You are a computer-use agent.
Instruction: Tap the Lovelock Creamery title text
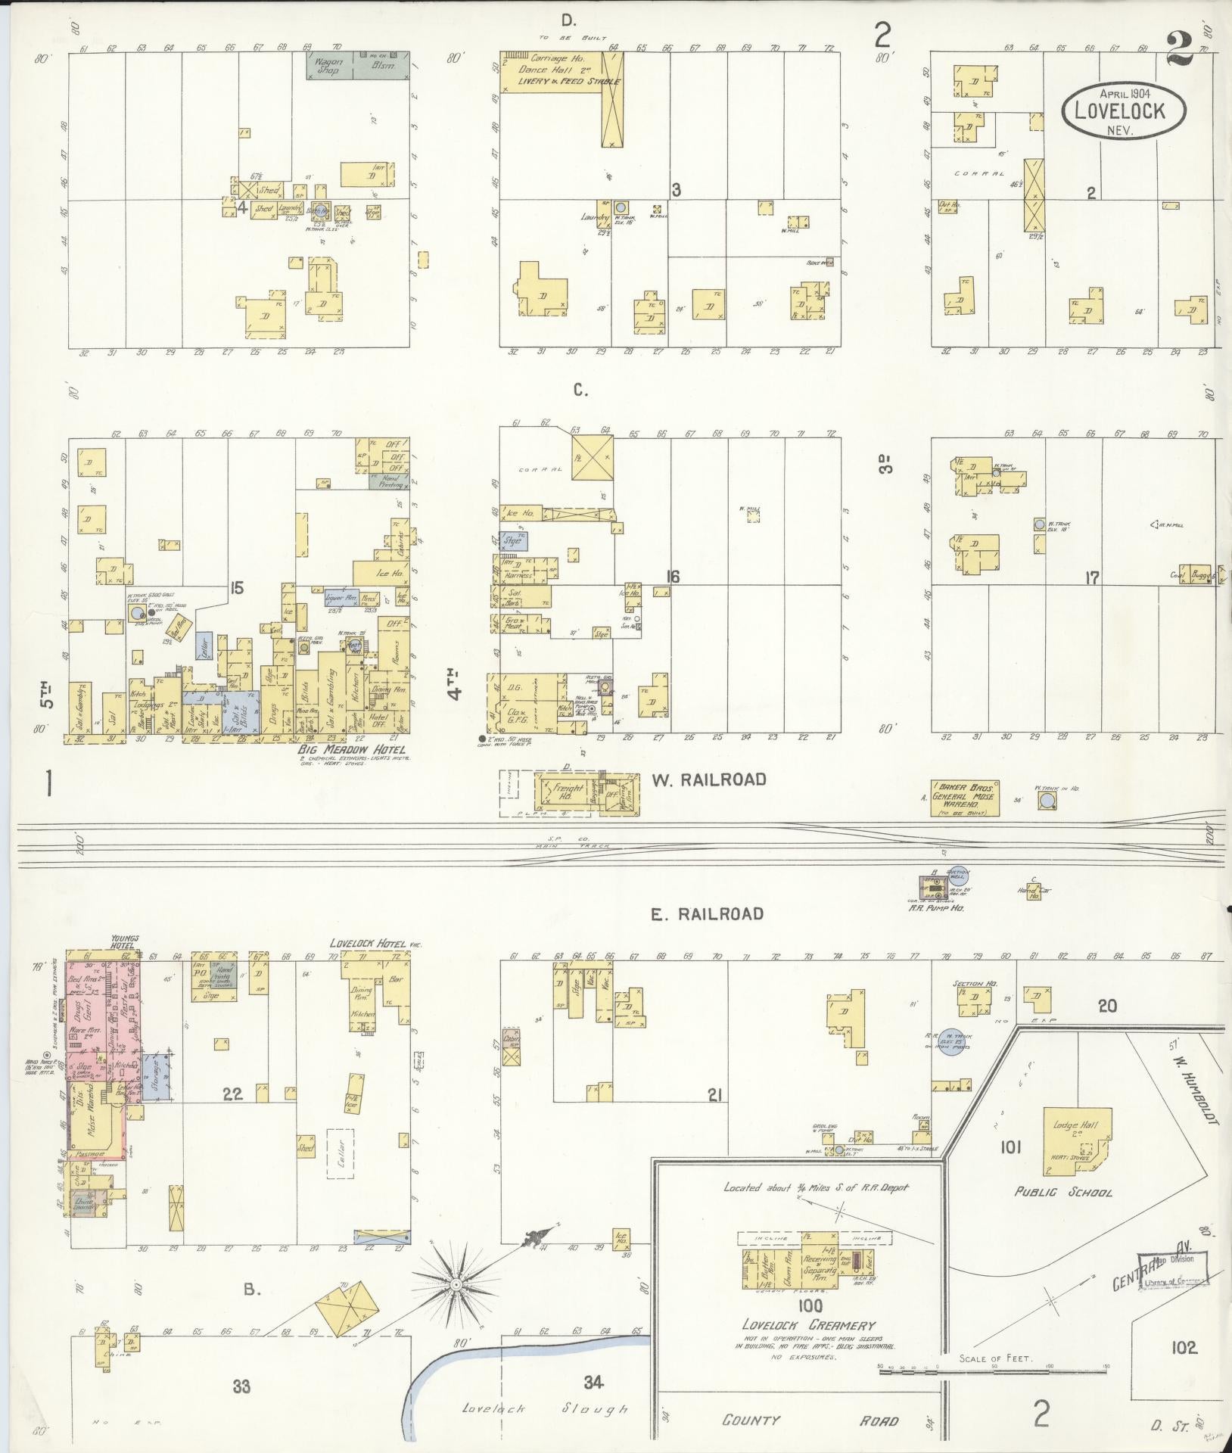808,1325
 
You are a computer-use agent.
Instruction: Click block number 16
672,577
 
